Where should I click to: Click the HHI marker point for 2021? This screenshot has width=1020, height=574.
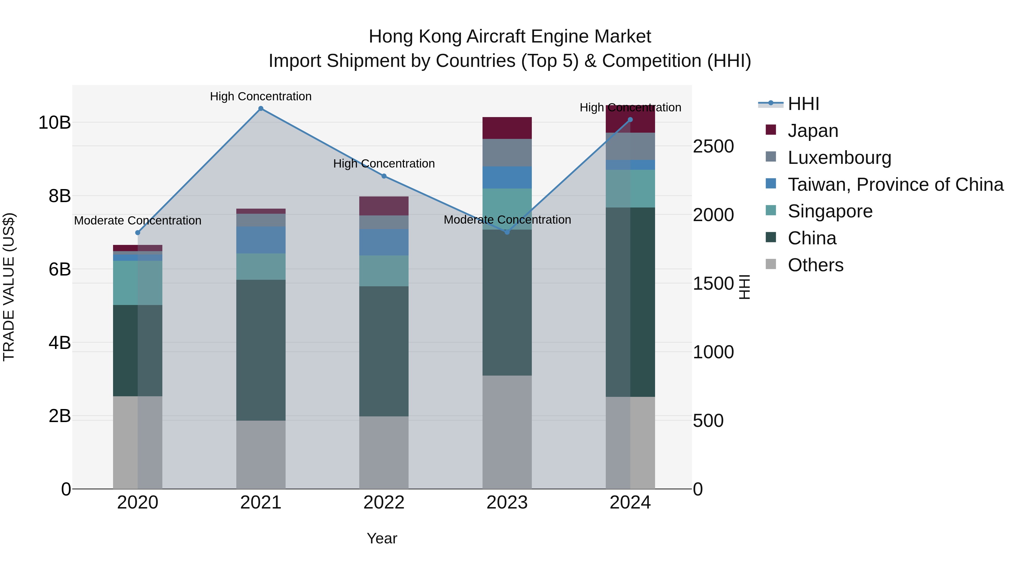click(x=261, y=109)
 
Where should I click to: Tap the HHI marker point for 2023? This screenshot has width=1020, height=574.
click(x=507, y=232)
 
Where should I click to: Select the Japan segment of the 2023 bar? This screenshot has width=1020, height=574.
click(x=507, y=128)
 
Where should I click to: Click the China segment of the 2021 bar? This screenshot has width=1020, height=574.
click(x=261, y=350)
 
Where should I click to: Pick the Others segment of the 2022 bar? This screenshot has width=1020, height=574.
click(x=384, y=452)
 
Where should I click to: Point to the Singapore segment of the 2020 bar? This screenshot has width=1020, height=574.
click(x=137, y=283)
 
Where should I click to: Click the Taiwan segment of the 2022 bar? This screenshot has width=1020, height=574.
click(x=384, y=242)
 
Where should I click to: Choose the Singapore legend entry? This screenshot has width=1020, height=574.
click(x=830, y=211)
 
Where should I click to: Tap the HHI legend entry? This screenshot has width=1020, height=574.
click(x=803, y=104)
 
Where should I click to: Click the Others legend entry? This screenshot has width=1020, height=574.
click(x=815, y=265)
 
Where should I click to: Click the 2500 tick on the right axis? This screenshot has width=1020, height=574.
click(x=713, y=147)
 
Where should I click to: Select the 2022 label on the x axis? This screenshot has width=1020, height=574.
click(x=384, y=503)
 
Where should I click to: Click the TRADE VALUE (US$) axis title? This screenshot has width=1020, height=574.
click(x=9, y=287)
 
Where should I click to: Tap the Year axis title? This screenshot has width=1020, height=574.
click(x=382, y=538)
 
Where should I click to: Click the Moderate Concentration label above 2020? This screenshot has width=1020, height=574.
click(x=137, y=221)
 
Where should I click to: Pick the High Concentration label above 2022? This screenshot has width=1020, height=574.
click(x=384, y=164)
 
